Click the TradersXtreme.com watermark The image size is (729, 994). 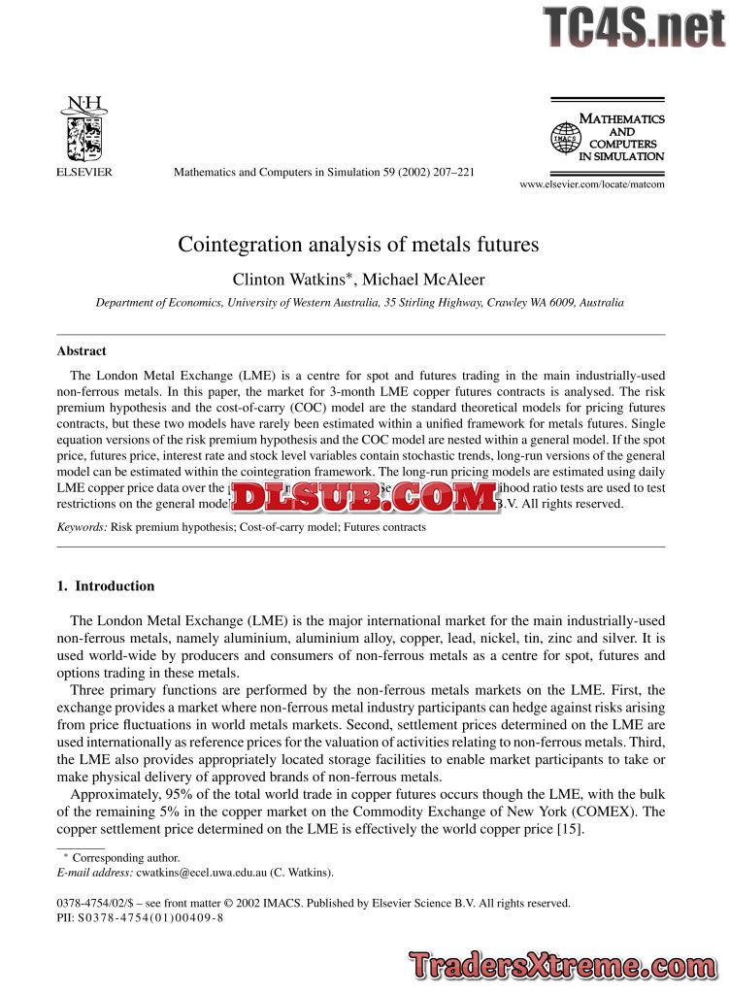562,966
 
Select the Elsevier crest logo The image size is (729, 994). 81,127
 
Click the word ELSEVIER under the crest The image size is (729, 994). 81,172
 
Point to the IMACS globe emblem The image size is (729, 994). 564,138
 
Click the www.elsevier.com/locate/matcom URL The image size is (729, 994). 592,183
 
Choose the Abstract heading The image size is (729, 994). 82,351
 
